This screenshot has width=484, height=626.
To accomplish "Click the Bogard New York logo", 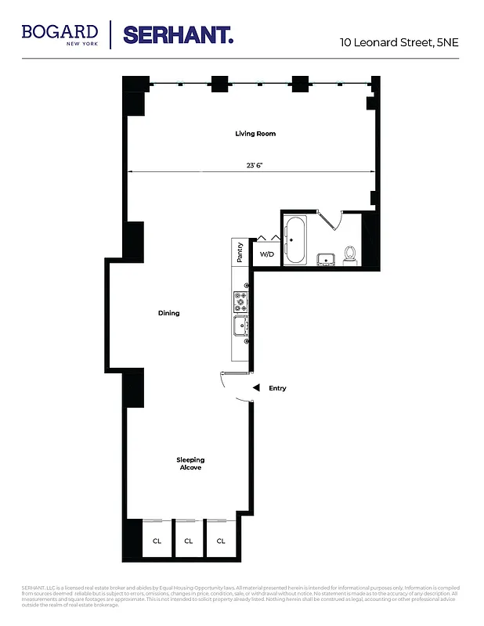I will [60, 34].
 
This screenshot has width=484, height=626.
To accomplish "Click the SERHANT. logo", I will [178, 34].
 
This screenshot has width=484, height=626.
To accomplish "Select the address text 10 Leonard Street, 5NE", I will [398, 42].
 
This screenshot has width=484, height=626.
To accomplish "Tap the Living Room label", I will [255, 134].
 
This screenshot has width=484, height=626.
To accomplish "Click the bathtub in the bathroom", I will [296, 239].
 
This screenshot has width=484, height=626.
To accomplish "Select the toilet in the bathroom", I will [350, 254].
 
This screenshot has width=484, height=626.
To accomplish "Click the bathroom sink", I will [324, 259].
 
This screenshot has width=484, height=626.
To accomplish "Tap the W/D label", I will [267, 254].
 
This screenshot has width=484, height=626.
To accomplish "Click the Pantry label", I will [240, 253].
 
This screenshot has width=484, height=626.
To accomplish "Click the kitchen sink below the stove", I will [240, 326].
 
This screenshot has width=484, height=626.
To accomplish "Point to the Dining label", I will [169, 313].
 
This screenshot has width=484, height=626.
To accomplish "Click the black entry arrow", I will [254, 388].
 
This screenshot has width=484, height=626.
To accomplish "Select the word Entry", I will [277, 388].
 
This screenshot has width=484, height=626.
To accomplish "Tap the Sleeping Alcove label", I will [190, 463].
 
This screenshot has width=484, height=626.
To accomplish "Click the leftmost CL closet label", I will [157, 541].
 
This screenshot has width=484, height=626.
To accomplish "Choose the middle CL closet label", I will [189, 541].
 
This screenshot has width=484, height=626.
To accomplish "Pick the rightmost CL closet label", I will [221, 541].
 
